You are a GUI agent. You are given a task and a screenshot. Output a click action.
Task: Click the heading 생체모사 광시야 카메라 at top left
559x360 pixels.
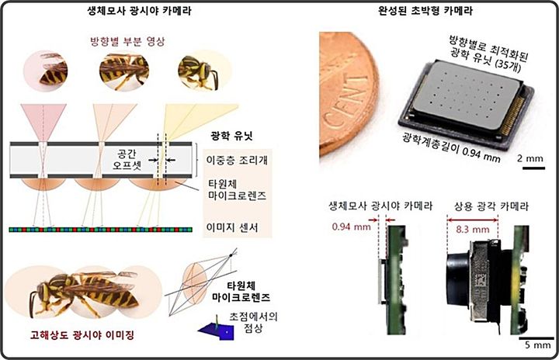[132, 11]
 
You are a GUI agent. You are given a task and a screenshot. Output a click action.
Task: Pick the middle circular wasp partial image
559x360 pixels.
[123, 71]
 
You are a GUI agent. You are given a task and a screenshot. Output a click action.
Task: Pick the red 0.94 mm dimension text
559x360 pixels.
[347, 227]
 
